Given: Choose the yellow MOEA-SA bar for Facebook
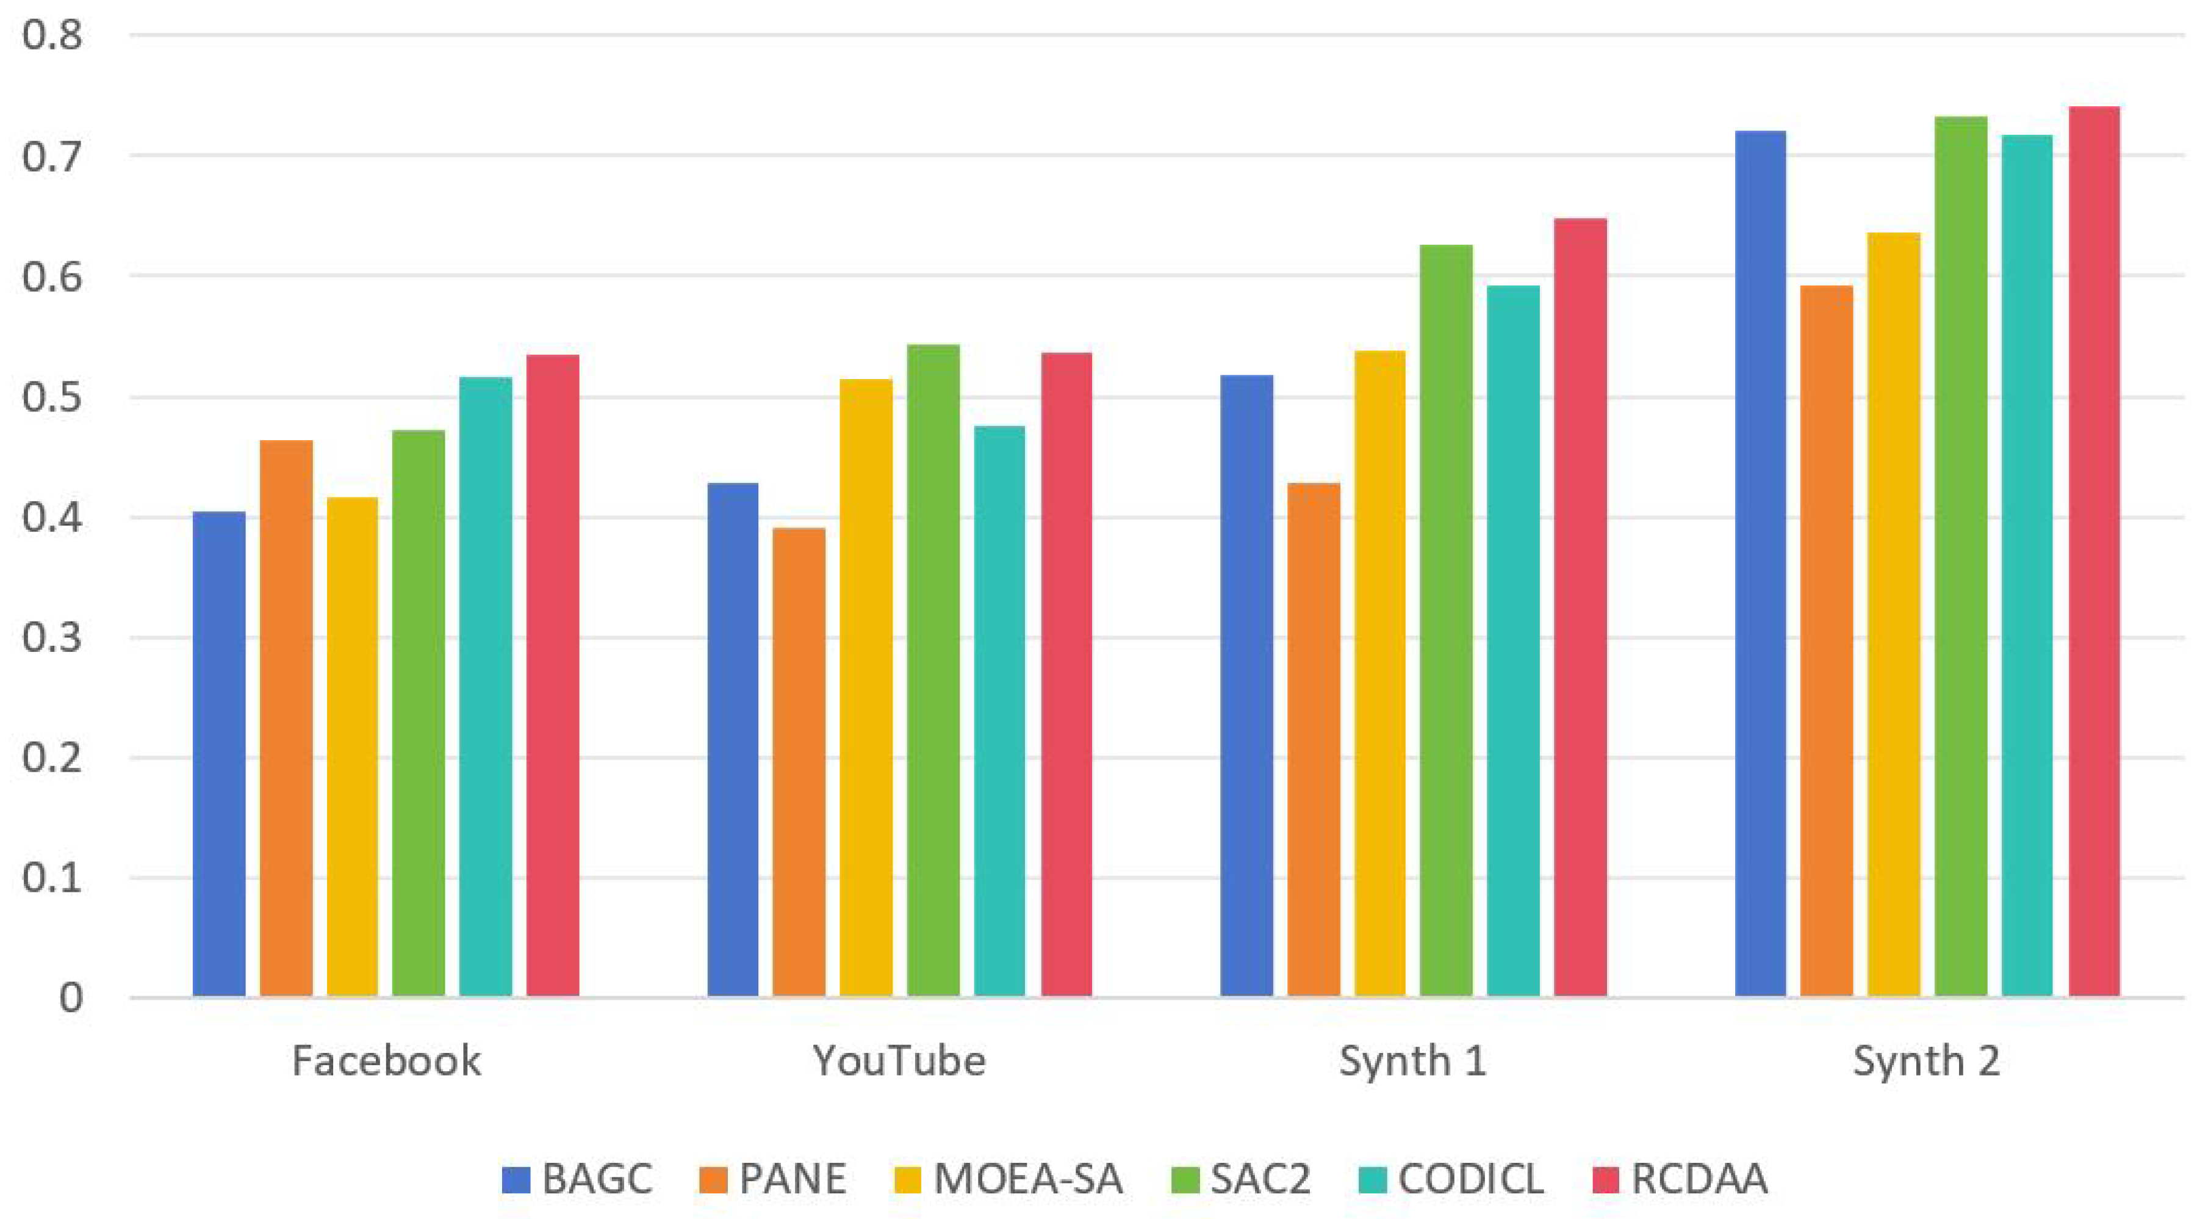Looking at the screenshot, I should (352, 747).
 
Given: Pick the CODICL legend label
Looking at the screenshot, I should (1470, 1179).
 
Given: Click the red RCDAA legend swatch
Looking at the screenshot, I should (1605, 1179).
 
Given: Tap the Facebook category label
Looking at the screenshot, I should (386, 1061).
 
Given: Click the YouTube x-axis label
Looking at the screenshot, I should (899, 1061).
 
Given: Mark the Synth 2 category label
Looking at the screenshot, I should (1926, 1061).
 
